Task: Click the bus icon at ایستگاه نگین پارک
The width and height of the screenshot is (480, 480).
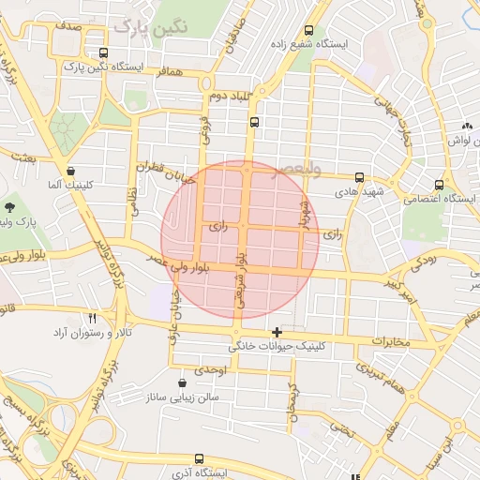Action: pyautogui.click(x=102, y=53)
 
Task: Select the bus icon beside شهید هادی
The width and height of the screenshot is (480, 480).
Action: pyautogui.click(x=359, y=177)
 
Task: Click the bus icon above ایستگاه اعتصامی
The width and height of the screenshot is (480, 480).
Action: pyautogui.click(x=439, y=185)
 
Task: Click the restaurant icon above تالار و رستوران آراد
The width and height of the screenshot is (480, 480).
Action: pyautogui.click(x=92, y=319)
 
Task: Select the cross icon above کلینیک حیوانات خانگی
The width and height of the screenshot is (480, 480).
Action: pyautogui.click(x=277, y=332)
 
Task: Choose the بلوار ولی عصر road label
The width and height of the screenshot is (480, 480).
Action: pyautogui.click(x=199, y=266)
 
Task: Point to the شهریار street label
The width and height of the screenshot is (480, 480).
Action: pyautogui.click(x=303, y=214)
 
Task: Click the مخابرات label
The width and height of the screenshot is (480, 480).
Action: pyautogui.click(x=391, y=341)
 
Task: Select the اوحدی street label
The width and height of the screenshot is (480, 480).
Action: pyautogui.click(x=210, y=372)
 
